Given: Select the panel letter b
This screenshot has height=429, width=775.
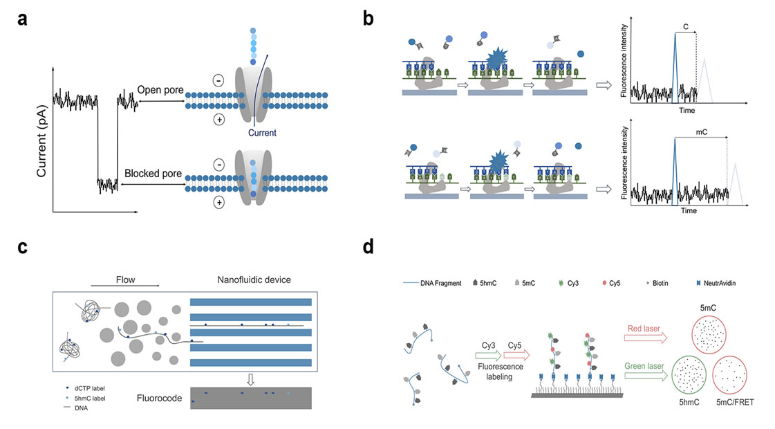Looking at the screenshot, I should [368, 20].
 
